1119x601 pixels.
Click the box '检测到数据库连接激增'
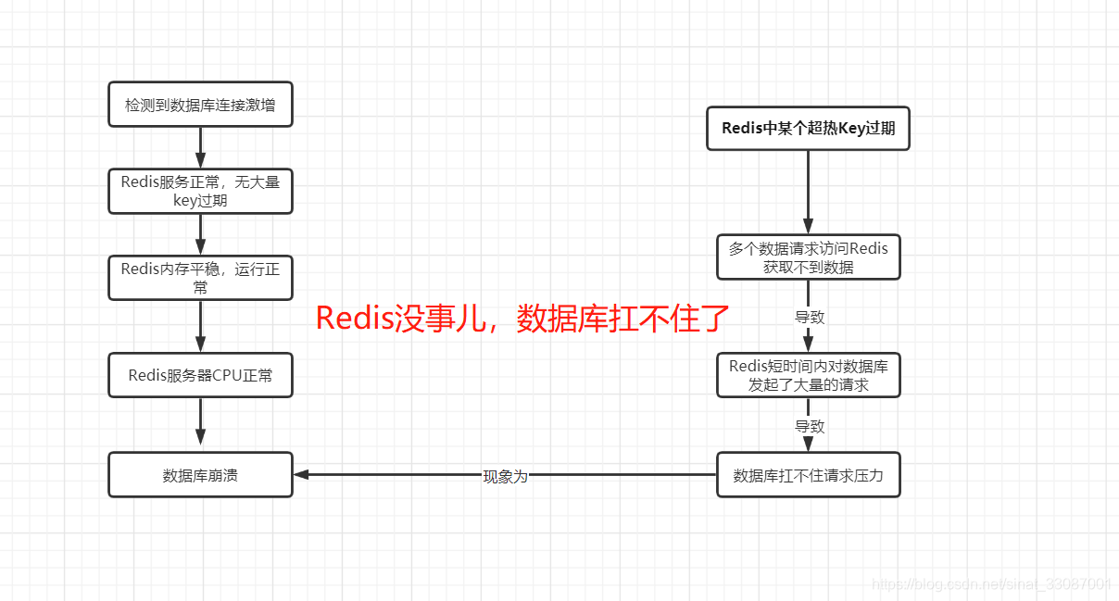tap(200, 105)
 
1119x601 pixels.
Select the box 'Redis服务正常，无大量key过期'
tap(200, 191)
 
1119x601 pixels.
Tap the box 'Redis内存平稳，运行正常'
tap(200, 278)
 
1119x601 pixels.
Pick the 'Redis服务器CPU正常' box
tap(200, 375)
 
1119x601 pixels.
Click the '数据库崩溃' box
tap(200, 475)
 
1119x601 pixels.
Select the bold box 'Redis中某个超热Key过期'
tap(808, 128)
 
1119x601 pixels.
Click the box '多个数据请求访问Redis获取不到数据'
tap(808, 257)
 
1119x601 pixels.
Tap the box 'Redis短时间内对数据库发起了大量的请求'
tap(808, 375)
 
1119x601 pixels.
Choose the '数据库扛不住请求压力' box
tap(808, 475)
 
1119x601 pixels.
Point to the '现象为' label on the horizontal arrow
tap(505, 476)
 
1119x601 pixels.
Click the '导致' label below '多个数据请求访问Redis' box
tap(809, 317)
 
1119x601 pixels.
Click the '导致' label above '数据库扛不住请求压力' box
tap(809, 426)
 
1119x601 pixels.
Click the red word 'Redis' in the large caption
tap(355, 318)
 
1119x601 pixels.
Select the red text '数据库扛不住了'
tap(623, 318)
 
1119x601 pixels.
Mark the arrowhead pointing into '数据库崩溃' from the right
tap(302, 475)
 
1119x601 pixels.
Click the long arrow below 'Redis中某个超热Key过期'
tap(808, 190)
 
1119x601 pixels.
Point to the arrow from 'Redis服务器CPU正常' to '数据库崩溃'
tap(200, 424)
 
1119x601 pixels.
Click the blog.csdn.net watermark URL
tap(991, 583)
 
